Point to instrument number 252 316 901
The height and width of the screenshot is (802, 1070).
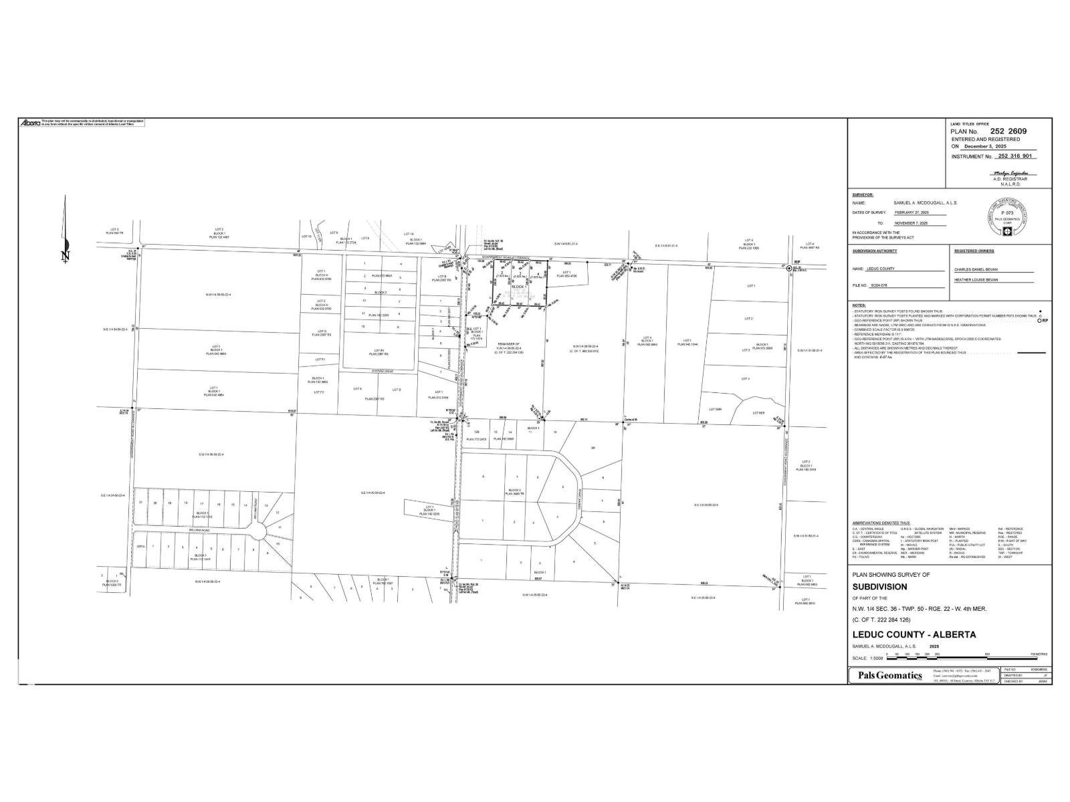[x=1014, y=156]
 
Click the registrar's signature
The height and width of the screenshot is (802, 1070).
[x=1010, y=172]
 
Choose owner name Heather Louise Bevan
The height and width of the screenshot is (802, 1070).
[x=976, y=280]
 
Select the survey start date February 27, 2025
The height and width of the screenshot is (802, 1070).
[x=911, y=213]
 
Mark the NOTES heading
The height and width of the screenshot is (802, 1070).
[x=859, y=305]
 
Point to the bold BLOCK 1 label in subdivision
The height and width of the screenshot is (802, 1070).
[x=518, y=286]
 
